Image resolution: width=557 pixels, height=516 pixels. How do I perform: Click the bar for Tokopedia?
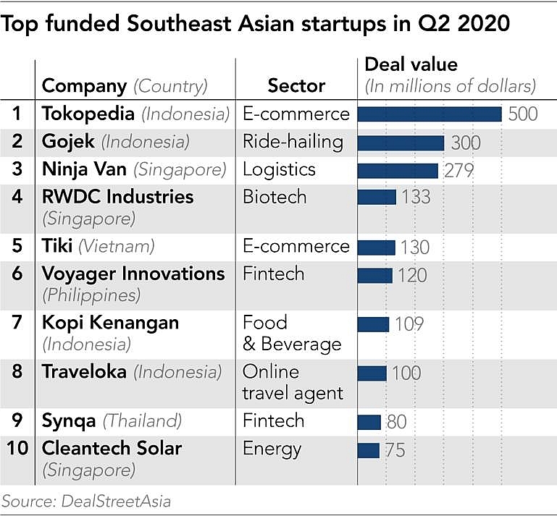click(430, 114)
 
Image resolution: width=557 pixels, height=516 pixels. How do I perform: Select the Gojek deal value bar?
click(401, 143)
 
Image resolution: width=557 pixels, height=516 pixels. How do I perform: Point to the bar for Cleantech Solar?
click(368, 450)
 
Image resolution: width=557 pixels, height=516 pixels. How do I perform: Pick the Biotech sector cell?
click(275, 197)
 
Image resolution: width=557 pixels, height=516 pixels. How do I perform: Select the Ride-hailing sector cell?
click(293, 142)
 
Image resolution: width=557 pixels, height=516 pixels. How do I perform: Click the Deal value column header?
click(411, 64)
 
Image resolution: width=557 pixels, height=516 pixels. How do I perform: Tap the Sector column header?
click(296, 86)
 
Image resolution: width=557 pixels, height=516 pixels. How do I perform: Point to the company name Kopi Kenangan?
click(110, 323)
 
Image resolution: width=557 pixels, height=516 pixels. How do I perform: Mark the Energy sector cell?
click(272, 448)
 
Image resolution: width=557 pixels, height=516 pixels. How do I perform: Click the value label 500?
click(523, 114)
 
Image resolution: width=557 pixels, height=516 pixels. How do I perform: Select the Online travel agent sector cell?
click(293, 383)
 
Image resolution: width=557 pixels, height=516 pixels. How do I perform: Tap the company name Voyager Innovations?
click(133, 274)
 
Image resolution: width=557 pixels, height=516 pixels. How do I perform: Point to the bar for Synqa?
click(369, 422)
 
